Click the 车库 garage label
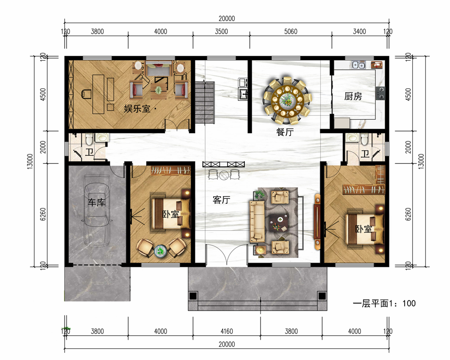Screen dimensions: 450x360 coord(96,202)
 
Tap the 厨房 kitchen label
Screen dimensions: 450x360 coord(353,96)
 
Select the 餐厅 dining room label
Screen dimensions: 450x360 coord(285,132)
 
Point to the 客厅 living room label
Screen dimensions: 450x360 coord(221,199)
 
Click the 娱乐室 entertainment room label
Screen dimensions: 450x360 coord(137,108)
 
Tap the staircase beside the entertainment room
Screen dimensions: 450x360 coord(205,103)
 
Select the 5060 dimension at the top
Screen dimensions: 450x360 coord(291,31)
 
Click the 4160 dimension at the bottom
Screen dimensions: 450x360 coord(226,331)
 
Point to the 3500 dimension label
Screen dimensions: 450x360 coord(221,31)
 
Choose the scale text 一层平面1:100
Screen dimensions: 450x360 coord(384,303)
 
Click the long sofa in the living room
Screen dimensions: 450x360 coord(257,221)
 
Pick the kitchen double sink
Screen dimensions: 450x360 coord(359,65)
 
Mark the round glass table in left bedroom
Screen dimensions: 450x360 coord(160,251)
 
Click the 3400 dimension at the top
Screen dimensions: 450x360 coord(359,31)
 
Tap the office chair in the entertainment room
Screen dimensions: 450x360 coord(86,94)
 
